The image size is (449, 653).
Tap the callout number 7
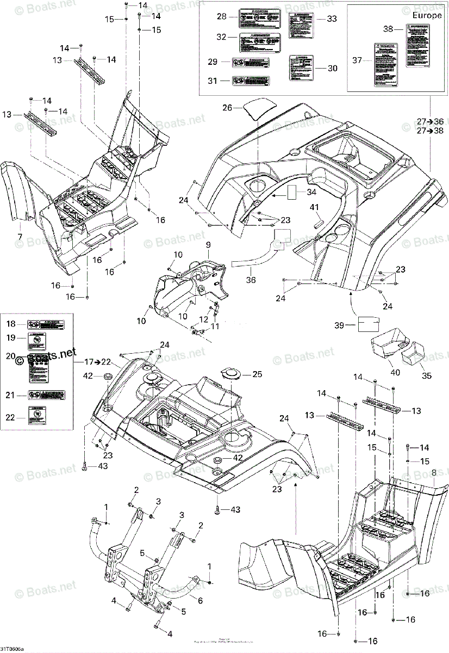coord(20,236)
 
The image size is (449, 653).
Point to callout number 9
coord(207,245)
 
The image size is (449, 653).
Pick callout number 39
coord(340,325)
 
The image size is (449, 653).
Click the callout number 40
coord(395,372)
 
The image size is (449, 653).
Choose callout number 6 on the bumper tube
coord(199,600)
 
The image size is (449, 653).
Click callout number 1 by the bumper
coord(106,507)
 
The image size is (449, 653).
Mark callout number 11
coord(215,326)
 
